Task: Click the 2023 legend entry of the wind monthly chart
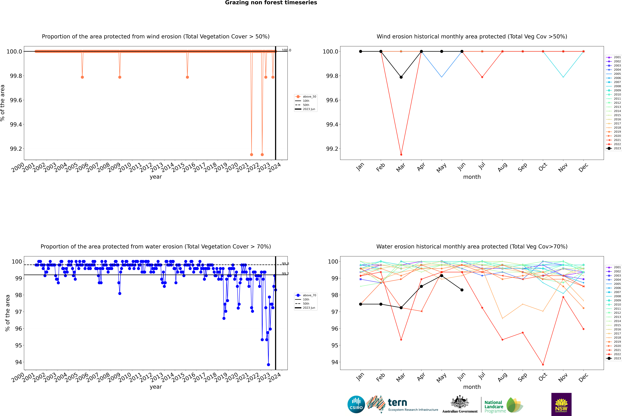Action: tap(614, 148)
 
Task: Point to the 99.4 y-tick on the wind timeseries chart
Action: tap(16, 124)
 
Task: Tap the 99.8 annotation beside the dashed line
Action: tap(285, 264)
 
